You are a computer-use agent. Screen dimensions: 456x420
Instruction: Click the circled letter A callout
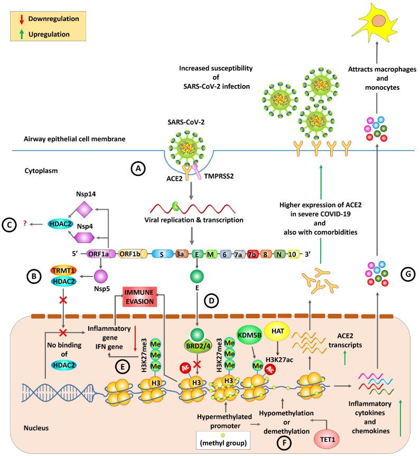139,169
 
